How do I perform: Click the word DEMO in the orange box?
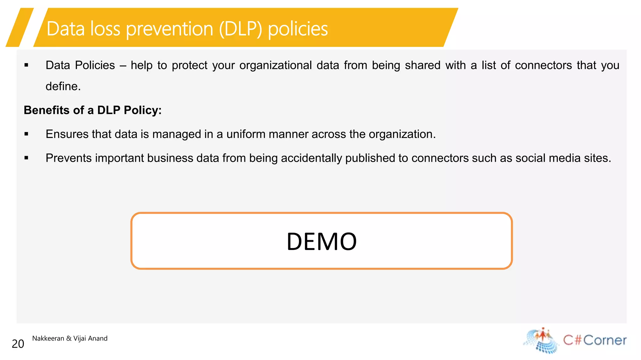[321, 241]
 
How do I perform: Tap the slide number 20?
[18, 344]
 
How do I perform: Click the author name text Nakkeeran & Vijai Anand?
[70, 338]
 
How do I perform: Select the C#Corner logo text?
[595, 340]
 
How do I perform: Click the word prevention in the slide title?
[169, 29]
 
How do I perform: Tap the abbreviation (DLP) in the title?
[240, 29]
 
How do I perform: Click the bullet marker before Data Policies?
[26, 65]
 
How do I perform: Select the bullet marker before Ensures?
[26, 134]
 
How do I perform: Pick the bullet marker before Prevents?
[26, 158]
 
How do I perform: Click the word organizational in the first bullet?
[275, 65]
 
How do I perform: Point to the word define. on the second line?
[63, 86]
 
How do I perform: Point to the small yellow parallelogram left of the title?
[20, 28]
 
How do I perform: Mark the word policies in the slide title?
[298, 29]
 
